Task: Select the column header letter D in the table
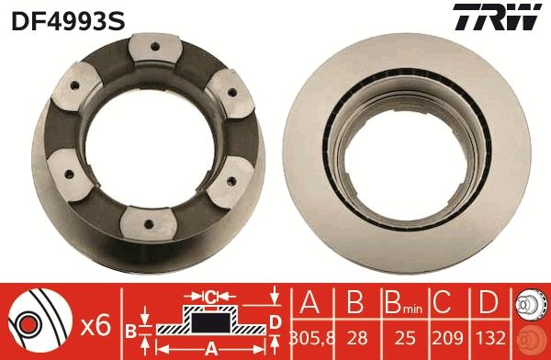[489, 302]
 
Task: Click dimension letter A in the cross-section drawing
[209, 348]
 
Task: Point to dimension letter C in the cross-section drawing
[210, 297]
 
